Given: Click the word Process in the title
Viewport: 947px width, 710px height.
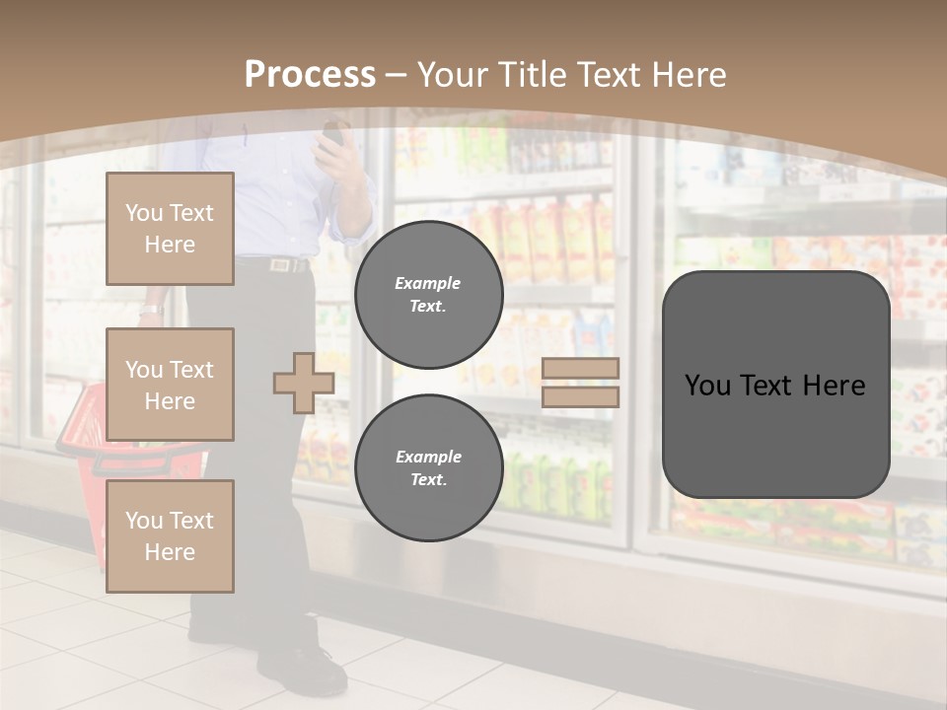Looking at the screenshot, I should [310, 75].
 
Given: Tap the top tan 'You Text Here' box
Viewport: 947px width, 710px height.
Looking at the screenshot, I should [170, 229].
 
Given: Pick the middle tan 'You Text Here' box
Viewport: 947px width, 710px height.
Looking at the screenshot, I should [170, 385].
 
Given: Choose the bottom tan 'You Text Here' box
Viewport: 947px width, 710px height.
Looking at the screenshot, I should [170, 536].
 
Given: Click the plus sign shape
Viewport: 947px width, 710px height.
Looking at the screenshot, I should [304, 383].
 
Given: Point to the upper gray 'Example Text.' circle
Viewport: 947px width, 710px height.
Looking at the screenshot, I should [428, 295].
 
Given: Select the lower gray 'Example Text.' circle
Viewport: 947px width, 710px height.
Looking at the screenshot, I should [428, 468].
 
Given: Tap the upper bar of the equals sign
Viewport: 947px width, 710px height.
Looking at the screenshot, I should [581, 368].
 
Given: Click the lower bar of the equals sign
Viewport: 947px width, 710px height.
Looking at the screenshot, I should [581, 396].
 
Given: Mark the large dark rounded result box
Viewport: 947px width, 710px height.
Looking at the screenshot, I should [775, 385].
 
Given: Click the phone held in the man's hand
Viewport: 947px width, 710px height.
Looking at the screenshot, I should [333, 133].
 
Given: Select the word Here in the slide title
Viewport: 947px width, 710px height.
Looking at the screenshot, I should [688, 75].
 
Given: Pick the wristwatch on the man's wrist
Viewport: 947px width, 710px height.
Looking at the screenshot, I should [150, 310].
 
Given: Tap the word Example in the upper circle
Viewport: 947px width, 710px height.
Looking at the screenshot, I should [428, 283].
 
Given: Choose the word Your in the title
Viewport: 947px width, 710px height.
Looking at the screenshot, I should [451, 75].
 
